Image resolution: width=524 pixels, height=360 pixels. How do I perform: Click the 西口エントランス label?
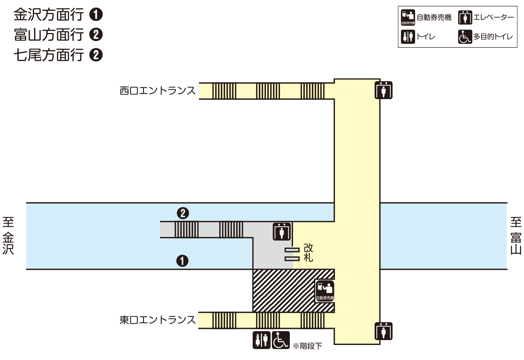(x=158, y=91)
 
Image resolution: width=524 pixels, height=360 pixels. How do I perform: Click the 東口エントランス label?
(x=158, y=320)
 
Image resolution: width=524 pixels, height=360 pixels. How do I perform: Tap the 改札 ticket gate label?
(x=308, y=253)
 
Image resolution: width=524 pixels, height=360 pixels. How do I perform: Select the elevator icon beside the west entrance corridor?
(x=384, y=90)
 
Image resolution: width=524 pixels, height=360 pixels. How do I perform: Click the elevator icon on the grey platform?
(x=282, y=231)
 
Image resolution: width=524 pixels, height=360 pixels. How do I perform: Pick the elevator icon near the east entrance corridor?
(x=384, y=331)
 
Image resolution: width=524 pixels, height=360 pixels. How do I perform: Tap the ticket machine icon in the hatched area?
(x=325, y=290)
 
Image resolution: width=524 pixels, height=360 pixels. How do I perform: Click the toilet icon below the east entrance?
(x=261, y=340)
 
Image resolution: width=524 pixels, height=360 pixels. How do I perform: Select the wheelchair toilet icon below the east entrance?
(x=281, y=340)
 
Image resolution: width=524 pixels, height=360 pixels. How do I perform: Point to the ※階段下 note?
(x=308, y=346)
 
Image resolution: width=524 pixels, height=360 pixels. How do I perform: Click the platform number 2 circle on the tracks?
(x=183, y=213)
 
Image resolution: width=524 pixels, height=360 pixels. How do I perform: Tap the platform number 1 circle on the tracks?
(x=182, y=261)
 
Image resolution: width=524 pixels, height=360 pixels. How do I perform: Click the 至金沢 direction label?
(x=8, y=236)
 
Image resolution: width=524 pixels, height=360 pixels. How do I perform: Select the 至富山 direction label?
(x=516, y=236)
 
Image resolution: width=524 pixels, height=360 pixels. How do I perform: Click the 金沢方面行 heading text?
(x=49, y=15)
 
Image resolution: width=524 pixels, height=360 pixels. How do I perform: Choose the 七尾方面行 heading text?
(x=49, y=55)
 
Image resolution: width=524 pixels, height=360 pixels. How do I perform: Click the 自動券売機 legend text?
(x=434, y=17)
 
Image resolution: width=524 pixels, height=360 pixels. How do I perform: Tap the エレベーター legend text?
(x=494, y=17)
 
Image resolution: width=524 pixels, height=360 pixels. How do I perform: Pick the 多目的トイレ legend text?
(x=493, y=37)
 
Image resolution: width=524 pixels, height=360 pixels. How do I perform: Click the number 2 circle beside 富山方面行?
(x=96, y=35)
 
